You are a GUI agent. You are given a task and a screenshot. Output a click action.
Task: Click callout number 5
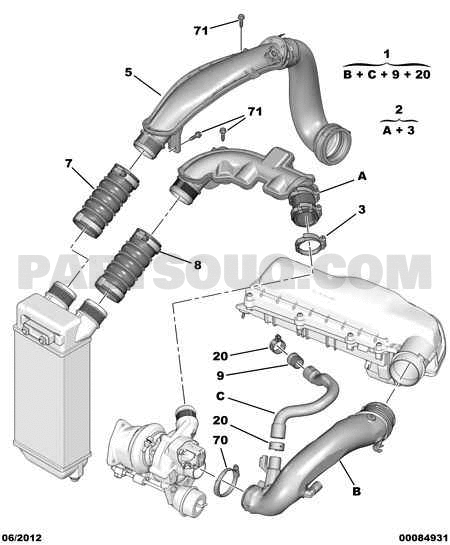pos(129,73)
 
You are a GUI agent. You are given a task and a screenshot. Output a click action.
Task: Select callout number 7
pos(68,163)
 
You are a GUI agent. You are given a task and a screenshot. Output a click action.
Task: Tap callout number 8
pos(197,265)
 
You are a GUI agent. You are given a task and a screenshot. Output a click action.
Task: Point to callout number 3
pos(362,210)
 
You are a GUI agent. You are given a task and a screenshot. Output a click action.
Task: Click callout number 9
pos(220,375)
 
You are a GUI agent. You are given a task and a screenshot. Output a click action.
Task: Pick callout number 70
pos(220,440)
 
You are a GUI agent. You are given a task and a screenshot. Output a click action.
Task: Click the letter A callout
pos(362,177)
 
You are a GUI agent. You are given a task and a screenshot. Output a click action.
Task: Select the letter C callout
pos(220,396)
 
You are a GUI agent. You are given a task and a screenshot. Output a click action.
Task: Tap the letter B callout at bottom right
pos(357,491)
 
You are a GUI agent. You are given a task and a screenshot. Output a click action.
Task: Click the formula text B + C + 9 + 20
pos(387,74)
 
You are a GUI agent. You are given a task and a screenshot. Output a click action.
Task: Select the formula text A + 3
pos(399,130)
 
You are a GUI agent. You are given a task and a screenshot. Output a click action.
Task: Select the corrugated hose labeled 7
pos(105,202)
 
